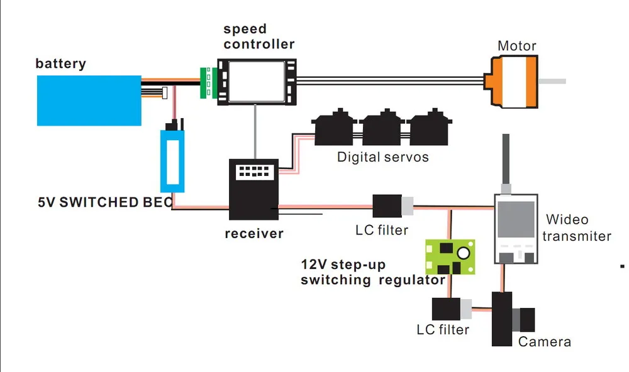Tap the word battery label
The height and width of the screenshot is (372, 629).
pyautogui.click(x=60, y=63)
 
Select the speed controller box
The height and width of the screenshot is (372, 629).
pyautogui.click(x=256, y=80)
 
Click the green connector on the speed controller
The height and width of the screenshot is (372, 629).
pyautogui.click(x=205, y=82)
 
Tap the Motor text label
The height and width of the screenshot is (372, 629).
pyautogui.click(x=516, y=46)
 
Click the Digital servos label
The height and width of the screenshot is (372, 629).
pyautogui.click(x=382, y=157)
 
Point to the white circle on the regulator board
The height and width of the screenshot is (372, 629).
pyautogui.click(x=464, y=253)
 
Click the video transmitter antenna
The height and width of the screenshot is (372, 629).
pyautogui.click(x=505, y=160)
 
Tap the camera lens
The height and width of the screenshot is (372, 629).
pyautogui.click(x=526, y=319)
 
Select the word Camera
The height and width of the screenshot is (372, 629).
pyautogui.click(x=545, y=342)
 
